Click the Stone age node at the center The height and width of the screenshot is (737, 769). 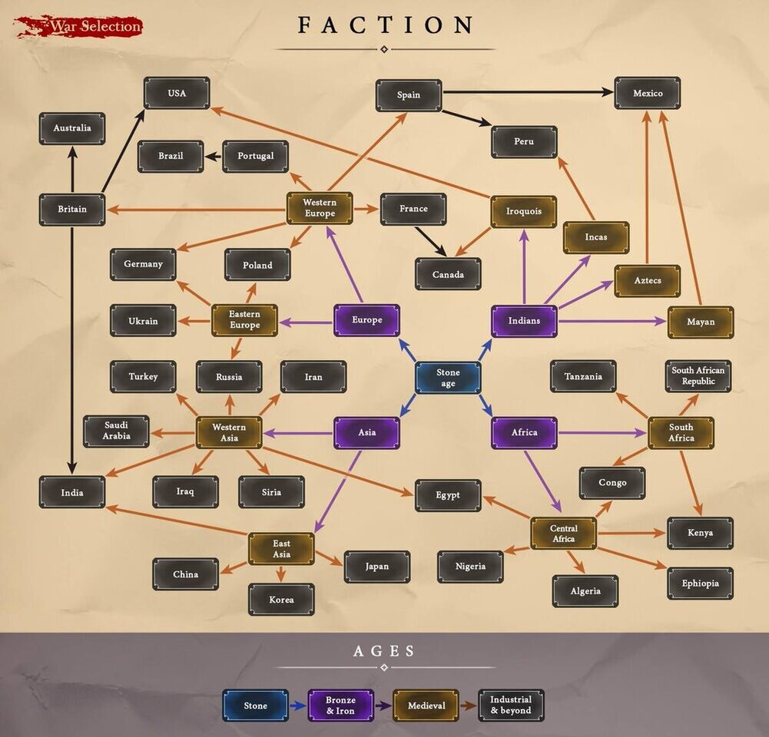448,378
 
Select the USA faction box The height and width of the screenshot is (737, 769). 177,93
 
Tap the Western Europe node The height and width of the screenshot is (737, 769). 320,208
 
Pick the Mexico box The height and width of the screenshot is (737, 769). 647,93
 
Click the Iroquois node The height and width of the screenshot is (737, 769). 524,212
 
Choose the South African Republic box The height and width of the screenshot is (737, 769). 698,376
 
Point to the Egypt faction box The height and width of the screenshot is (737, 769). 448,495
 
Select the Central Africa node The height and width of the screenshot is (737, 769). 563,533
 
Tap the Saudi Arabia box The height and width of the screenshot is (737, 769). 117,431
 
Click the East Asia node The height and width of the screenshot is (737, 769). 281,549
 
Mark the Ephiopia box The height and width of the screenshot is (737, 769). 700,583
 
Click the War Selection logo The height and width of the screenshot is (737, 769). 78,26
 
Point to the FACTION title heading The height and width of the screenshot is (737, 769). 386,25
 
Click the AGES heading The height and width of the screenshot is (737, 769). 384,651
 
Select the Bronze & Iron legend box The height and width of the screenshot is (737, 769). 341,705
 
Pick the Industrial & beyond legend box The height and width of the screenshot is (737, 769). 511,705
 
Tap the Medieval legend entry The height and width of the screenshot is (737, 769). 426,705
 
